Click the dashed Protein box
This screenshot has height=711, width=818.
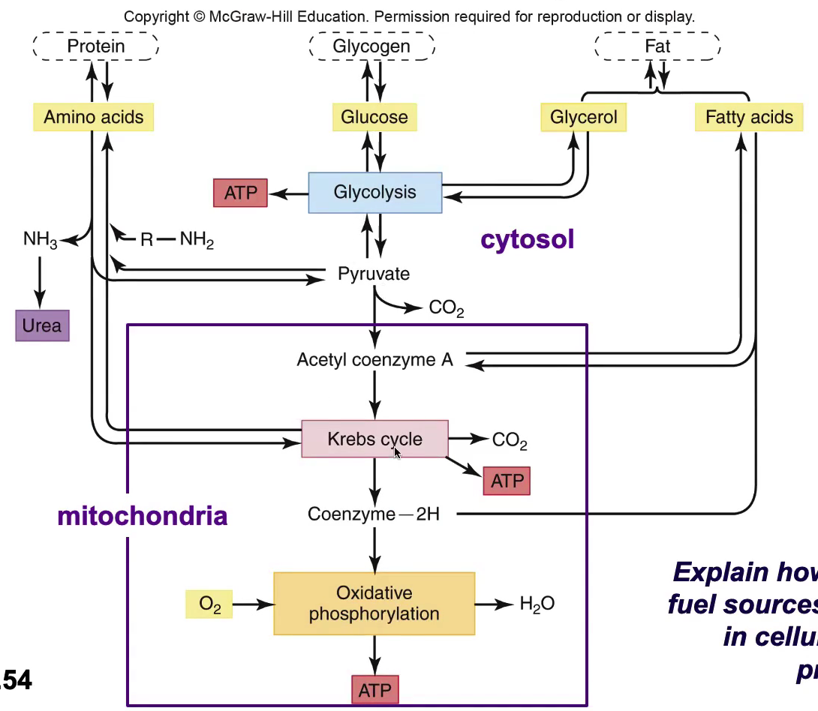(96, 46)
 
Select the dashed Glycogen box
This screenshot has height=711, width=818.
(371, 46)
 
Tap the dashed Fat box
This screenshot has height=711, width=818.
(657, 46)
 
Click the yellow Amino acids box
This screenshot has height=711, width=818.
(93, 117)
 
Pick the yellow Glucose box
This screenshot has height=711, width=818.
(374, 117)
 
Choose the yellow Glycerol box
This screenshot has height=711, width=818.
(583, 117)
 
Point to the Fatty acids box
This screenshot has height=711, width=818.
(749, 117)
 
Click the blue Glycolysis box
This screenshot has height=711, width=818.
(374, 193)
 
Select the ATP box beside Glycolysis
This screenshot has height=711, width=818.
(240, 193)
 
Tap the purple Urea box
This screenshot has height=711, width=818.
(42, 326)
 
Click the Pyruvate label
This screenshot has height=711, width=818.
(374, 274)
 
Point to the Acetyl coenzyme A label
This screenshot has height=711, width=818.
(374, 359)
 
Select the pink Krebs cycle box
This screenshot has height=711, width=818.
(374, 439)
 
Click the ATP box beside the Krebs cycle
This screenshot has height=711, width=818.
(507, 481)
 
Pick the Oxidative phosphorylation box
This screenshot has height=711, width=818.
(374, 604)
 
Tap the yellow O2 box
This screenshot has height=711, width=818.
(209, 604)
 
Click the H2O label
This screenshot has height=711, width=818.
(537, 604)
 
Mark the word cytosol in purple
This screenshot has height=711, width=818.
(527, 239)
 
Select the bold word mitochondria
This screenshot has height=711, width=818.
(143, 516)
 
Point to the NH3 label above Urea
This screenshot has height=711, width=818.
(41, 240)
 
